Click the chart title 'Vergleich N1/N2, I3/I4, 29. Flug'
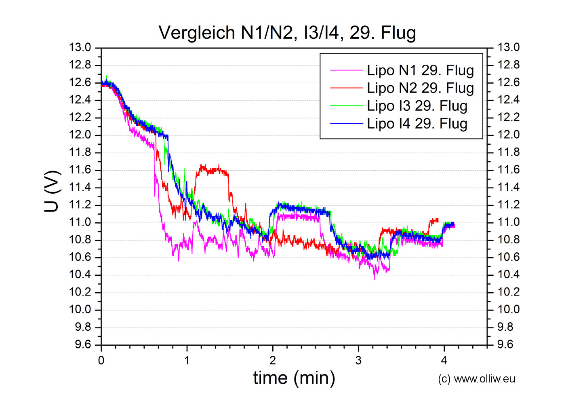[287, 33]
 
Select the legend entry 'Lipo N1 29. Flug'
[420, 70]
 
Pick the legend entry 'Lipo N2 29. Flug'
[420, 88]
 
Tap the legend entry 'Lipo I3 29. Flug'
[417, 106]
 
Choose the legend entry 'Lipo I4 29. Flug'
[417, 124]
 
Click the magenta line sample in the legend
[347, 70]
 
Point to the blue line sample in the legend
[347, 124]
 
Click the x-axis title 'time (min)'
[294, 378]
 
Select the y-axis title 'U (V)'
[53, 192]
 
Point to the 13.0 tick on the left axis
[80, 48]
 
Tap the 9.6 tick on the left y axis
[83, 345]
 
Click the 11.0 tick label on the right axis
[509, 222]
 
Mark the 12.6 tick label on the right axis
[509, 82]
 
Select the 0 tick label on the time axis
[101, 361]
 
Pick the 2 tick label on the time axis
[273, 361]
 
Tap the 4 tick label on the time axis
[444, 361]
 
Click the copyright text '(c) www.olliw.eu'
[476, 379]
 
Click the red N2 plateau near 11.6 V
[212, 170]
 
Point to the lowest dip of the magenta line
[374, 278]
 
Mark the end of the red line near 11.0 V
[438, 220]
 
